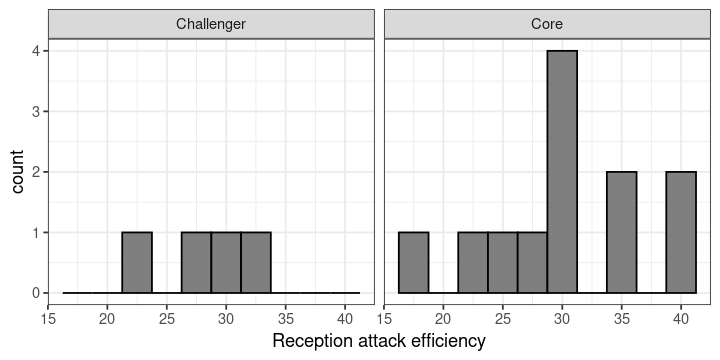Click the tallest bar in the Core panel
tap(562, 172)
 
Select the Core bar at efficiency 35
tap(622, 232)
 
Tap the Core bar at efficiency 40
tap(681, 232)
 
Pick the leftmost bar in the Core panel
tap(413, 263)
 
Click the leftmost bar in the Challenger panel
tap(137, 263)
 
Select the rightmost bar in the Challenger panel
tap(256, 263)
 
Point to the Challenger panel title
tap(211, 24)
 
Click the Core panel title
tap(547, 24)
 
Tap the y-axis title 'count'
tap(17, 172)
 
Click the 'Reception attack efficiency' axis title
tap(379, 341)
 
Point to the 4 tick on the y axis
tap(36, 51)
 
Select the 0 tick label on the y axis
tap(36, 293)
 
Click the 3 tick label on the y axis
tap(36, 111)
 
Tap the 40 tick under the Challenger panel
tap(345, 318)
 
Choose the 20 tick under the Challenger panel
tap(107, 318)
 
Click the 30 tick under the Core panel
tap(562, 318)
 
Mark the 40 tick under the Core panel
tap(681, 318)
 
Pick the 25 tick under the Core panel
tap(503, 318)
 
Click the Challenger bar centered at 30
tap(226, 263)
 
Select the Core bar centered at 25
tap(503, 263)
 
